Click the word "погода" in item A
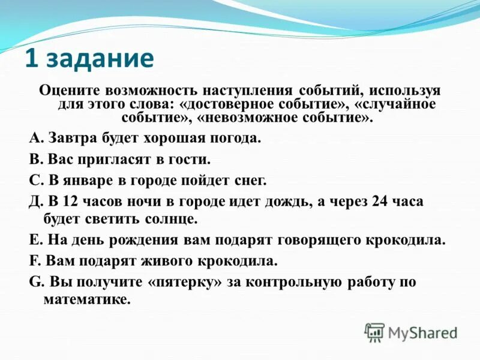coord(233,139)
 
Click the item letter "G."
coord(35,283)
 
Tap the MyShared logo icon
coord(374,332)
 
